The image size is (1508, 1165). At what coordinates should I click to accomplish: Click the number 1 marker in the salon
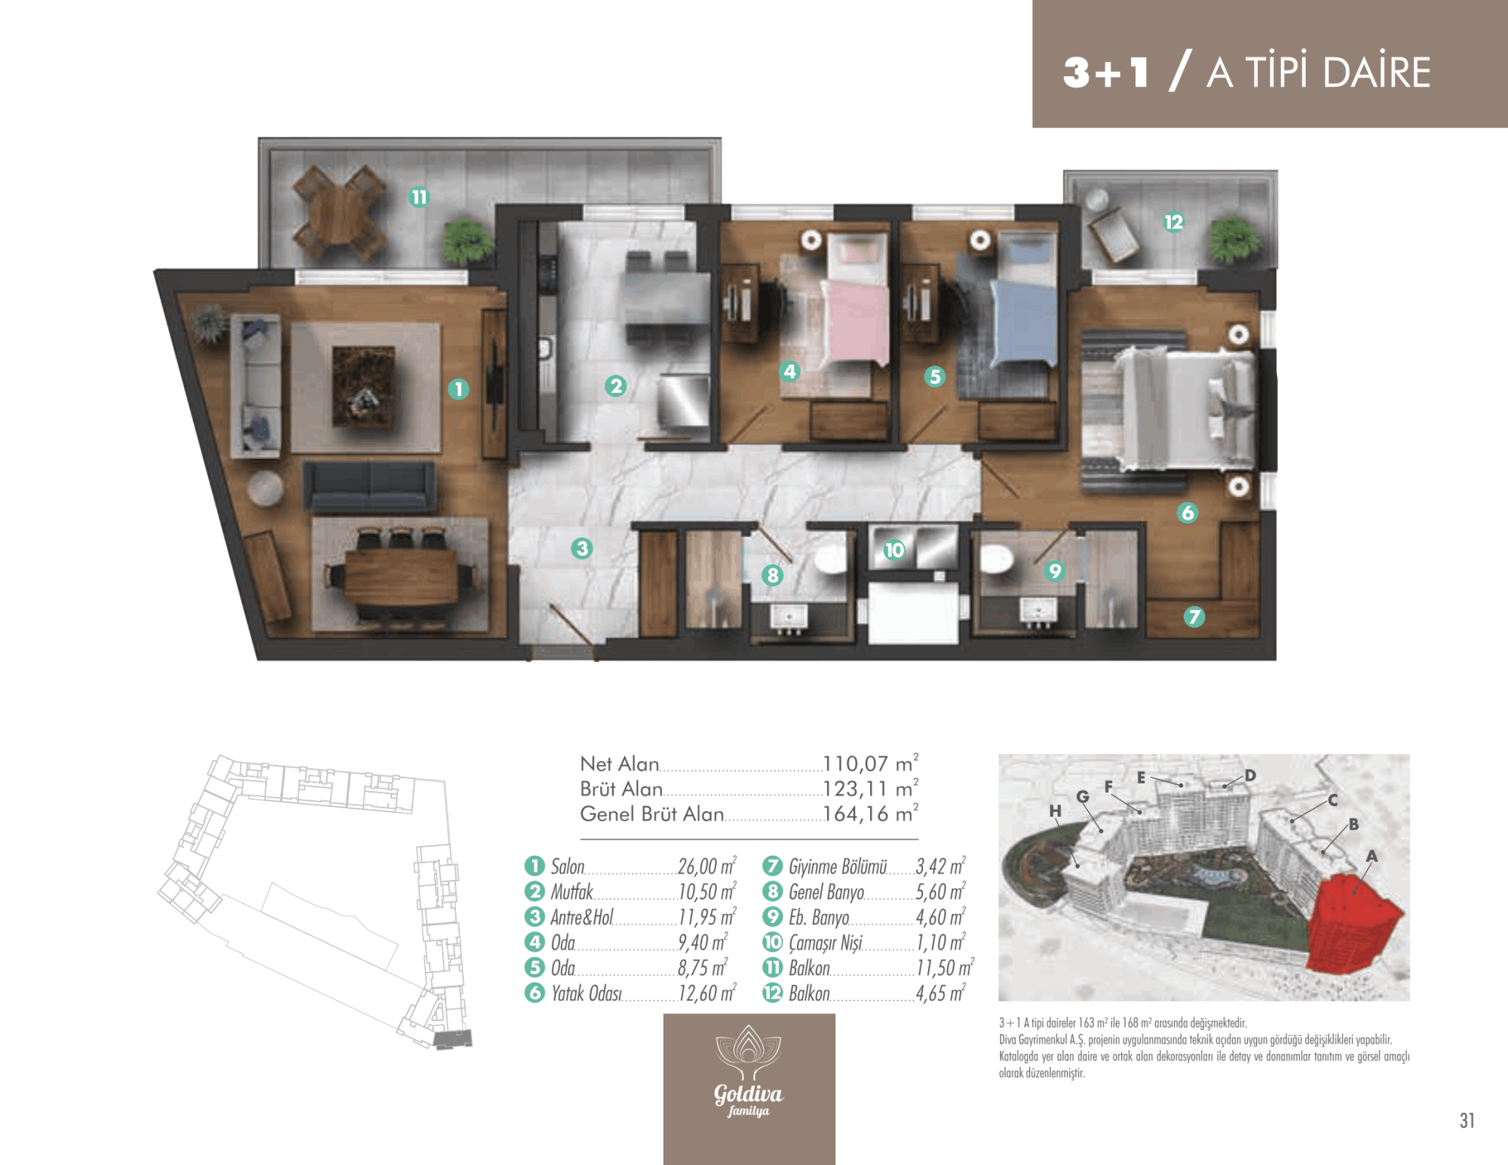(x=458, y=389)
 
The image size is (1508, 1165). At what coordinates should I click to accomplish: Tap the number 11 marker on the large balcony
(x=418, y=198)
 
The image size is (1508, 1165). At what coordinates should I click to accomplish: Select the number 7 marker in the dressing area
(x=1194, y=617)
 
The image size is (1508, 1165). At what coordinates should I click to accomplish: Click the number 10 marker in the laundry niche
(x=894, y=550)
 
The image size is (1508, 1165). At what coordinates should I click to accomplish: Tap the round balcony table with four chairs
(x=339, y=209)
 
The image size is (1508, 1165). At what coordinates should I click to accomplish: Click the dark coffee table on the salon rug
(x=363, y=386)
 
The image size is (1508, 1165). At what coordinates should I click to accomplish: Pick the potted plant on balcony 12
(x=1234, y=239)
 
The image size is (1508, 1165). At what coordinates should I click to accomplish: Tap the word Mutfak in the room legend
(x=572, y=892)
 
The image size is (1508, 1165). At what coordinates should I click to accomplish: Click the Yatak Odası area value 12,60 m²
(x=706, y=993)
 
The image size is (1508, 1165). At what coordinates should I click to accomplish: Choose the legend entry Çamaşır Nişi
(x=825, y=943)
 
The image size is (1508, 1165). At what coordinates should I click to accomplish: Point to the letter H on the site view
(x=1055, y=811)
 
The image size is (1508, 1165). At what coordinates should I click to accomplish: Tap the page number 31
(x=1467, y=1121)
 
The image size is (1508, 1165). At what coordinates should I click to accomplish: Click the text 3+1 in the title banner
(x=1106, y=72)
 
